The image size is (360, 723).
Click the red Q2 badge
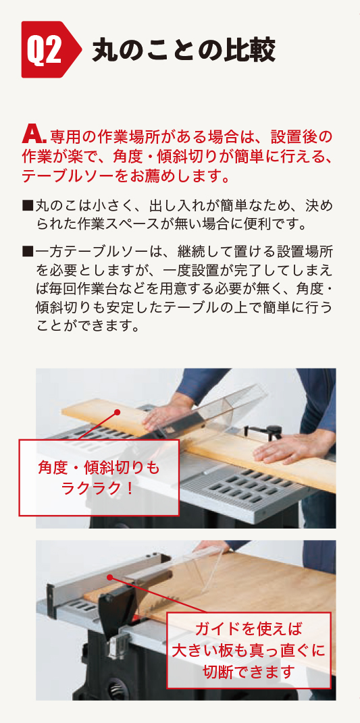pos(51,49)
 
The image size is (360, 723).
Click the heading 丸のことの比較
pos(184,50)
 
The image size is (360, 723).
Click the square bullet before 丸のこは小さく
pos(28,204)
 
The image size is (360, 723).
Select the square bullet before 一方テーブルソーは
pos(28,251)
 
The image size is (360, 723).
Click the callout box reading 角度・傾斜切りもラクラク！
pos(99,477)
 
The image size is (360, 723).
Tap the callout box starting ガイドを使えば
pos(249,650)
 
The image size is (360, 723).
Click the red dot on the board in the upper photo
pos(118,411)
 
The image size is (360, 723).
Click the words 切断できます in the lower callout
pos(249,672)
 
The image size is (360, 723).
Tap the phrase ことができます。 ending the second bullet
pos(87,325)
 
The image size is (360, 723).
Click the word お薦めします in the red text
pos(176,176)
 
